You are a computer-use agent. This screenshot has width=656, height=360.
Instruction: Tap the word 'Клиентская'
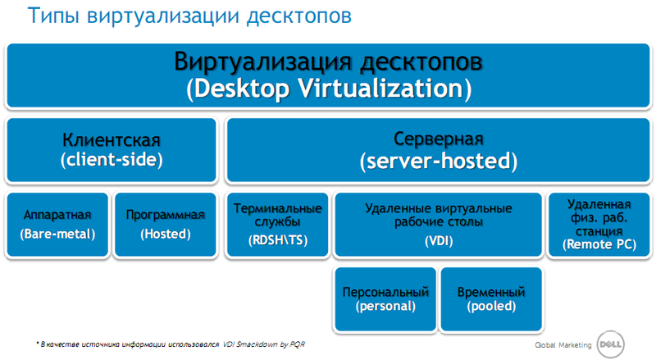click(x=112, y=139)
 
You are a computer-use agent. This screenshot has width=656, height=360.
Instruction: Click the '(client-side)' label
click(x=112, y=159)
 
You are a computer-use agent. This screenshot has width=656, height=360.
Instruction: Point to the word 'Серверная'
click(x=438, y=139)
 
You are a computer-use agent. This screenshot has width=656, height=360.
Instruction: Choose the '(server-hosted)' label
click(x=438, y=161)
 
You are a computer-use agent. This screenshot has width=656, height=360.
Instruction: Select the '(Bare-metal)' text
click(x=57, y=234)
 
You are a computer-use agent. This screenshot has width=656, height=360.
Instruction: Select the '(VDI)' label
click(x=438, y=241)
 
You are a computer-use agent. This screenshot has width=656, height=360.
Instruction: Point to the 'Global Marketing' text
click(x=563, y=344)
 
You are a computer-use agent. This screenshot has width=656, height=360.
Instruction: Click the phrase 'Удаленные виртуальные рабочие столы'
click(x=438, y=215)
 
